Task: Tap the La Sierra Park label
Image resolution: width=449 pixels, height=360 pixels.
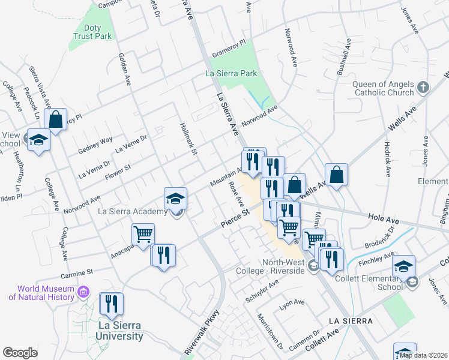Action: pos(231,73)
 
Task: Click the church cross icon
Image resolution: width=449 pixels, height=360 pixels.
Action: pos(423,88)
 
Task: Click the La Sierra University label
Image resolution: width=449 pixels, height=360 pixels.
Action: pos(120,331)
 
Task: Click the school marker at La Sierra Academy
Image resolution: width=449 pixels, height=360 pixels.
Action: pos(175,198)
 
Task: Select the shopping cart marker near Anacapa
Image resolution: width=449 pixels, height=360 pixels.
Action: pos(143,235)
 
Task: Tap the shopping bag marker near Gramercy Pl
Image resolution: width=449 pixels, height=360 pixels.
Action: pos(55,119)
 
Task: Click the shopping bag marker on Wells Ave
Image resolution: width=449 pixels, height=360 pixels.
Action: pos(337,175)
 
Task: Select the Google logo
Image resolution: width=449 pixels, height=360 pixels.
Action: pos(20,353)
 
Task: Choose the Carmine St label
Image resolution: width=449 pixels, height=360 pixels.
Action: pos(77,274)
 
